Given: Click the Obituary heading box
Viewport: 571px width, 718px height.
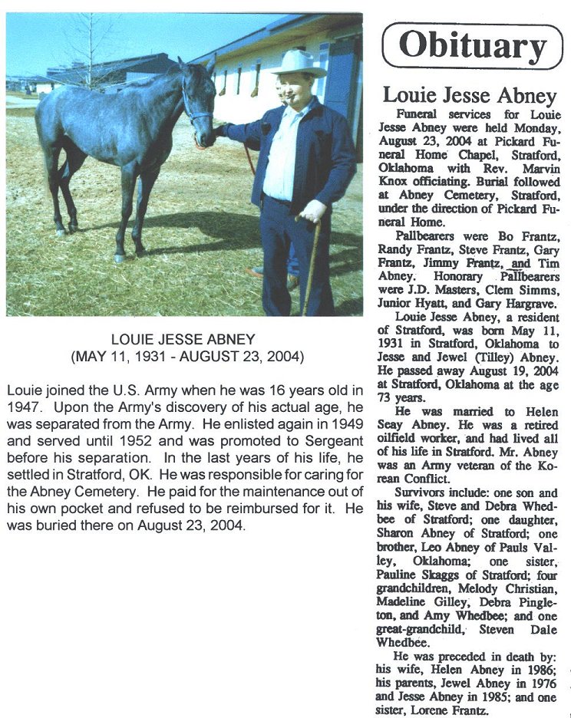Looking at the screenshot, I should coord(472,45).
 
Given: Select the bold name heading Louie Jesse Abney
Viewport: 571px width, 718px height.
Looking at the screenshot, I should coord(470,96).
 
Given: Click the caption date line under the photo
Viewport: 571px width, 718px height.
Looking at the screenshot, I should coord(187,357).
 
